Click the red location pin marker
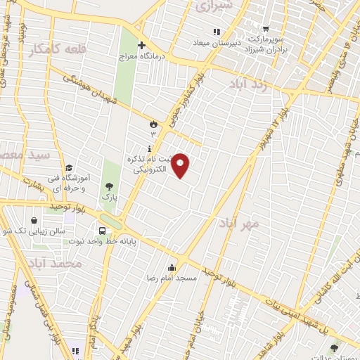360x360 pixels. point(181,165)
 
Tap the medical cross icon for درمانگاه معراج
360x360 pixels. point(142,45)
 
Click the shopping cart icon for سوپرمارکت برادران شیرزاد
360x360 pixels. point(266,30)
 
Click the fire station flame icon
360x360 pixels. point(152,124)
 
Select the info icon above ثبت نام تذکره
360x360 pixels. point(149,148)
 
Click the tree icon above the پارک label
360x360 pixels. point(110,186)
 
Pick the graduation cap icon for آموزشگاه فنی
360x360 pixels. point(69,167)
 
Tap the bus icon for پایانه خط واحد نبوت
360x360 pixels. point(103,231)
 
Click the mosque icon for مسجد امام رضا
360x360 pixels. point(172,267)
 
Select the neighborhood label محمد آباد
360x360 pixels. point(57,263)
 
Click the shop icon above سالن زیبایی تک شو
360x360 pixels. point(34,219)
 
